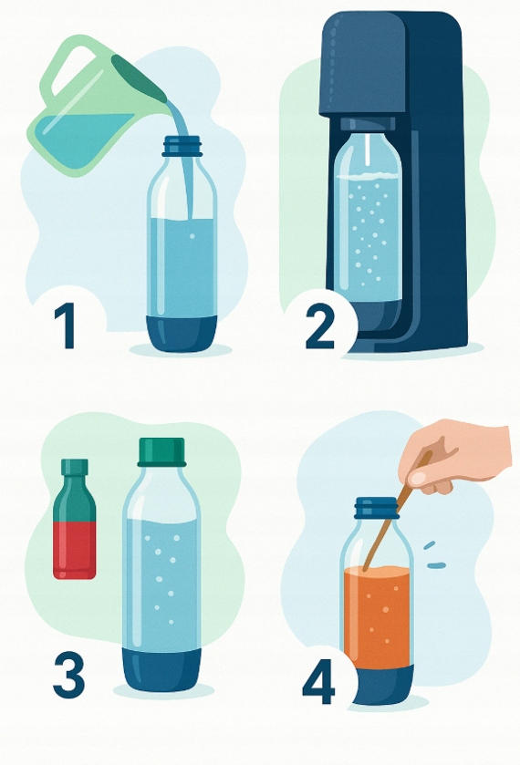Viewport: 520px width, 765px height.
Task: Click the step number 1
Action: click(x=65, y=326)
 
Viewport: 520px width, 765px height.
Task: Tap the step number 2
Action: click(x=320, y=326)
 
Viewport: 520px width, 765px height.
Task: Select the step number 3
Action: click(x=68, y=675)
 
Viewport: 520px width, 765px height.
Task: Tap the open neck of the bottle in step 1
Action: click(x=182, y=146)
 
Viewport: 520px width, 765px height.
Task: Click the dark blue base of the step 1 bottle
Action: click(x=182, y=333)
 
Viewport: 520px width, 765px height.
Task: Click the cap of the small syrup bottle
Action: click(x=75, y=467)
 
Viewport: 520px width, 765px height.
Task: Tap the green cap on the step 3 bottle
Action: click(x=162, y=451)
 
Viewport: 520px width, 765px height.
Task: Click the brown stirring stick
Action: click(x=397, y=512)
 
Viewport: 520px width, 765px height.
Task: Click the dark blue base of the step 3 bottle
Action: click(x=161, y=669)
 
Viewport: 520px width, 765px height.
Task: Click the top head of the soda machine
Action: click(x=362, y=64)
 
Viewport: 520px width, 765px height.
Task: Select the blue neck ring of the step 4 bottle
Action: click(x=377, y=509)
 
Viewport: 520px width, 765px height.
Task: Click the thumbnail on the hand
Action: click(x=418, y=479)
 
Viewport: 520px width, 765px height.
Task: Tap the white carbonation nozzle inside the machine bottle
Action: click(x=368, y=151)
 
